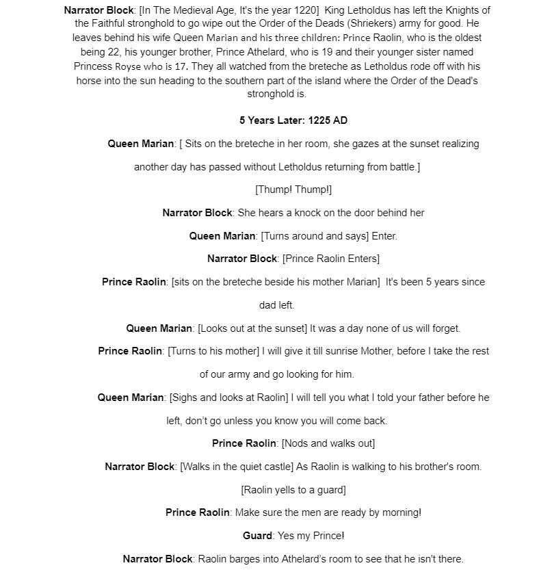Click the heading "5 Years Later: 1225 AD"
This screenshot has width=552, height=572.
click(293, 120)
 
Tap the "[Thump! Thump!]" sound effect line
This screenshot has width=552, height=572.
click(293, 190)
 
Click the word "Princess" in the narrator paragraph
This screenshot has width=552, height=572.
click(94, 66)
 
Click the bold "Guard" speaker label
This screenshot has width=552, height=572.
click(257, 536)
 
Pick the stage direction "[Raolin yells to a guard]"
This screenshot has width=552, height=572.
click(293, 490)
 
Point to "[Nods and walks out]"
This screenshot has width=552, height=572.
click(328, 443)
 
